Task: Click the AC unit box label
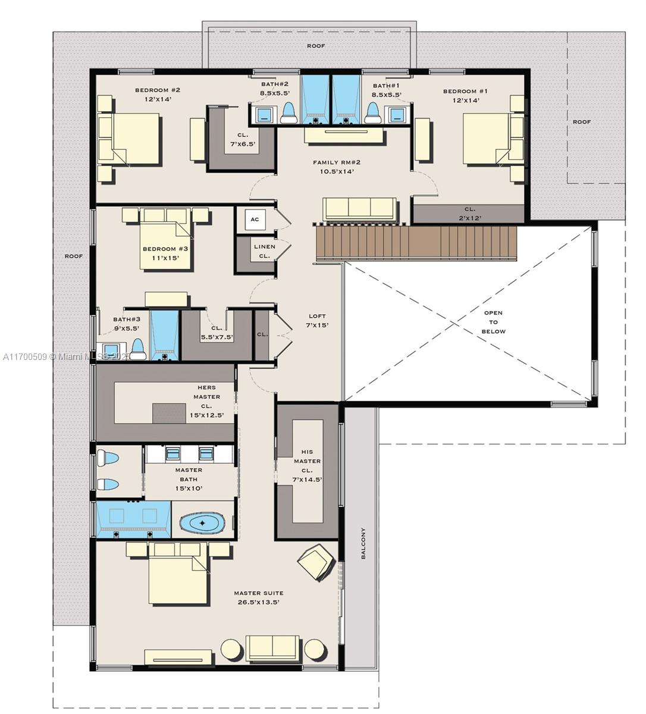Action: pyautogui.click(x=255, y=220)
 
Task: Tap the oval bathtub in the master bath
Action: pyautogui.click(x=202, y=523)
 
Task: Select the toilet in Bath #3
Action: pyautogui.click(x=138, y=349)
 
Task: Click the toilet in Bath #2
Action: pyautogui.click(x=288, y=112)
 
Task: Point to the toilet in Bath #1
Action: pyautogui.click(x=373, y=112)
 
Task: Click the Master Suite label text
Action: pyautogui.click(x=258, y=597)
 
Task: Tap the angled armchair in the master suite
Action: pyautogui.click(x=315, y=562)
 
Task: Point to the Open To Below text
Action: pyautogui.click(x=493, y=322)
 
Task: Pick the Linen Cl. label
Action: pyautogui.click(x=264, y=251)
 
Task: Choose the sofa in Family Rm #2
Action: pyautogui.click(x=359, y=208)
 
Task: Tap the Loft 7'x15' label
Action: pyautogui.click(x=317, y=321)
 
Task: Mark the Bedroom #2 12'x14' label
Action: pyautogui.click(x=157, y=95)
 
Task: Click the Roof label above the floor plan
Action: pyautogui.click(x=316, y=46)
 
